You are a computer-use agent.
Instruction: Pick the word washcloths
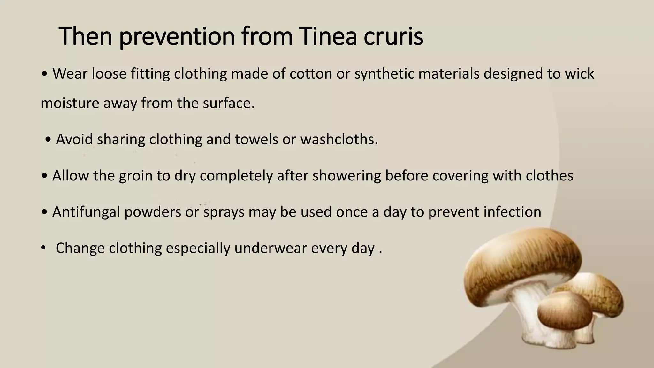(339, 139)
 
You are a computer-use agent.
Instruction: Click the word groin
(136, 176)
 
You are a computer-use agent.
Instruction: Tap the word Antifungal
(86, 212)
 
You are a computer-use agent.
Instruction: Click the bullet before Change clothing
(43, 248)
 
